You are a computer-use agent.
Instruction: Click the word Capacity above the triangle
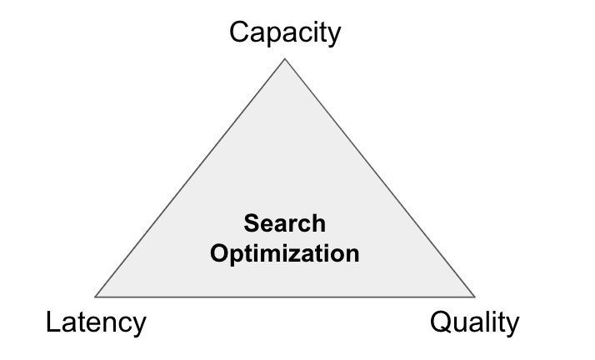(x=285, y=32)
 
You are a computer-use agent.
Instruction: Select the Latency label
(x=96, y=322)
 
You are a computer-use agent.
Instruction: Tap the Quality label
(x=474, y=322)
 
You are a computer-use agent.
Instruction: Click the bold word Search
(x=285, y=224)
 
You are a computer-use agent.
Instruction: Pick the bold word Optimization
(x=285, y=253)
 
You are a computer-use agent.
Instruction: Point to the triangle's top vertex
(x=285, y=59)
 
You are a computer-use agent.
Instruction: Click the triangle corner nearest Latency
(x=96, y=297)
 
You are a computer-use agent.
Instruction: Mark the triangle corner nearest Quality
(x=474, y=297)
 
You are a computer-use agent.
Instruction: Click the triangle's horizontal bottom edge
(x=285, y=297)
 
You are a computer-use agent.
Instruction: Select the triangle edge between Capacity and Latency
(x=190, y=178)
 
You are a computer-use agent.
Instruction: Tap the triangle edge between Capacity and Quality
(x=380, y=178)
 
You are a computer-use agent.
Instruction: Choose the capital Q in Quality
(x=440, y=322)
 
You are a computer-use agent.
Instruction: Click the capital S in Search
(x=251, y=224)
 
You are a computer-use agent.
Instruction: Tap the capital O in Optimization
(x=218, y=253)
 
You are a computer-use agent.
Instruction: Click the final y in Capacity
(x=334, y=35)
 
